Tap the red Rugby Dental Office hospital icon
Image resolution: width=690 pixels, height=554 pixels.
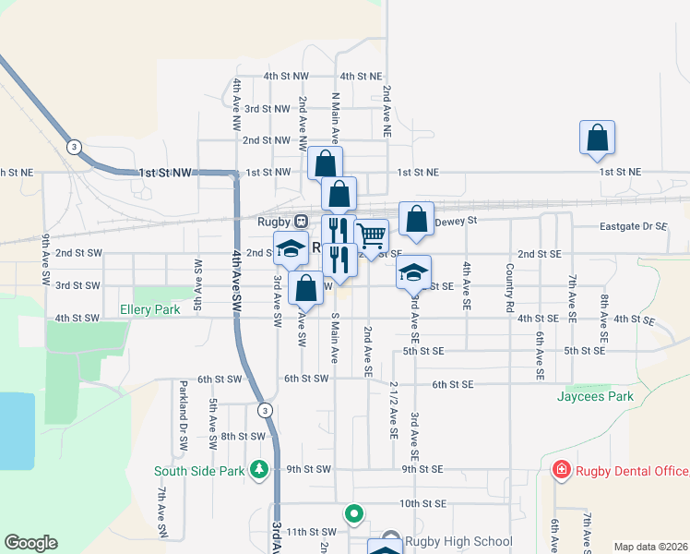coord(560,471)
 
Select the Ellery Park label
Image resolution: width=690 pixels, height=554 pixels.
coord(149,310)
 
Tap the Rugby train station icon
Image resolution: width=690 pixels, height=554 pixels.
coord(301,222)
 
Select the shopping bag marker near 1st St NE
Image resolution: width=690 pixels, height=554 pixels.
coord(597,138)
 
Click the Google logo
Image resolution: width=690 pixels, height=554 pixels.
coord(30,543)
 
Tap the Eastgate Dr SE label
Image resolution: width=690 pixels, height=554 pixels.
coord(633,225)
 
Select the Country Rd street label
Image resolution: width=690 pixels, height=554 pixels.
coord(508,288)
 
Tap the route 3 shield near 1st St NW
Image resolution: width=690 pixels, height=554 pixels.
coord(74,147)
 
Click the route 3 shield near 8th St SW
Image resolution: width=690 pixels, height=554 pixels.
coord(265,410)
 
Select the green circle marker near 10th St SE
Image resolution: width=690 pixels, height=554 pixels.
coord(352,512)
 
